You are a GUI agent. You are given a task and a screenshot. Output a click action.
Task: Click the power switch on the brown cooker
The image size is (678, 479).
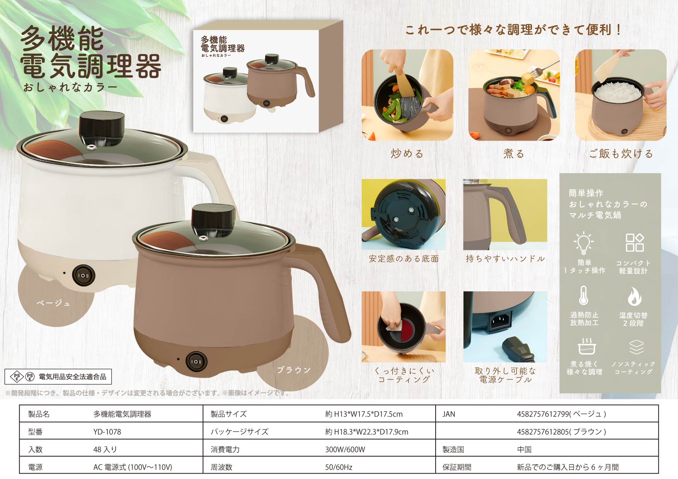coord(196,362)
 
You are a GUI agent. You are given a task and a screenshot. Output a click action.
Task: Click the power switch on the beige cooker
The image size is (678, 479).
coord(83,275)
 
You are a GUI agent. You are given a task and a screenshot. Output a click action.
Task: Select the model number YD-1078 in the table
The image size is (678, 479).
coord(107,431)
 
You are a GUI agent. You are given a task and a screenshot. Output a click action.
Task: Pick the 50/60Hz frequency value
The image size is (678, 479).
coord(339,467)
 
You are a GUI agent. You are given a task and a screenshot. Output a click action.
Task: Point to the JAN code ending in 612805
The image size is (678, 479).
coord(561,431)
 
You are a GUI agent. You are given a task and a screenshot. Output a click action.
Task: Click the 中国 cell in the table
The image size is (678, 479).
coord(524,449)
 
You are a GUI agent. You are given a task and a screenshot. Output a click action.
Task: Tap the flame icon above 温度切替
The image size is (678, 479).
coord(634,296)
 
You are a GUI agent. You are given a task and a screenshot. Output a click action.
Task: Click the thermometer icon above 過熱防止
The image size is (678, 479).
coord(583,296)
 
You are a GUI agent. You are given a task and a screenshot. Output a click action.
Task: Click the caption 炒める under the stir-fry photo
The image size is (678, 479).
coord(407,154)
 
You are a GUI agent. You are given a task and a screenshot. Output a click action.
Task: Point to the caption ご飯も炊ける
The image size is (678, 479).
coord(621,154)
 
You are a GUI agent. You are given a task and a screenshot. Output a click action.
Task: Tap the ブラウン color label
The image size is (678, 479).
coord(294,370)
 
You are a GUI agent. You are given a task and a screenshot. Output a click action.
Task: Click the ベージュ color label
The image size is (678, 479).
coord(53,303)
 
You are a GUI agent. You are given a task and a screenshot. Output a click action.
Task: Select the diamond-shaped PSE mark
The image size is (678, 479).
coord(17,377)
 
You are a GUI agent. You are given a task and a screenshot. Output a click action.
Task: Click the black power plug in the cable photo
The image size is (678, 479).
coord(518,349)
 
